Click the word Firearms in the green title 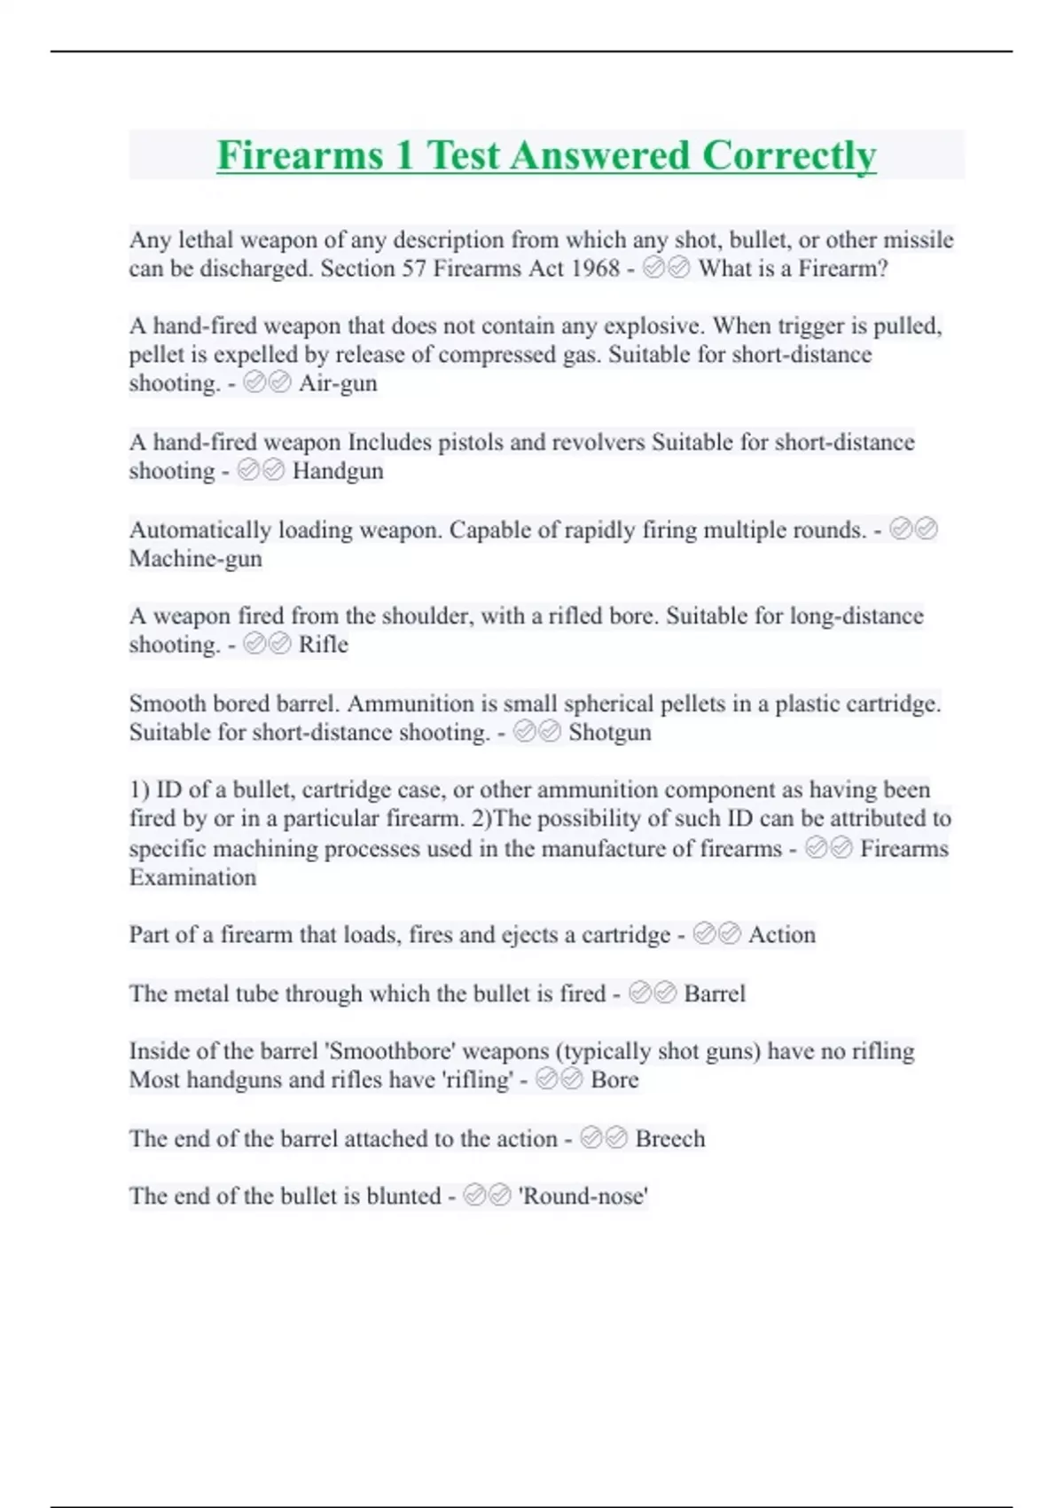coord(300,155)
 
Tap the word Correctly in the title coord(789,155)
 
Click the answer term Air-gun coord(338,383)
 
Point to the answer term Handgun coord(338,470)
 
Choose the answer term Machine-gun coord(195,558)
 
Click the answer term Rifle coord(323,644)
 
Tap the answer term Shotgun coord(609,732)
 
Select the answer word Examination coord(192,876)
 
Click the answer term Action coord(781,934)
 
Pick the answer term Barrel coord(715,993)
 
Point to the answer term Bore coord(614,1080)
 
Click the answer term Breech coord(670,1138)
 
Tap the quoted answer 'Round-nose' coord(583,1196)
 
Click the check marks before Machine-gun coord(913,530)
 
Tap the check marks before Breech coord(604,1138)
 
